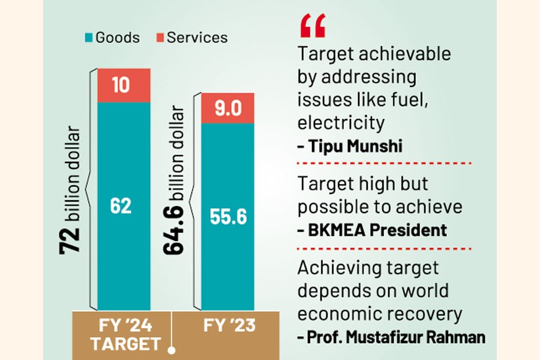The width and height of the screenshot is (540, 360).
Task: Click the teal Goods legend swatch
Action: click(88, 38)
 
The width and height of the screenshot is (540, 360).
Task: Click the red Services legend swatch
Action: click(159, 38)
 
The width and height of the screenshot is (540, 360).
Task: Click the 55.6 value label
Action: click(229, 217)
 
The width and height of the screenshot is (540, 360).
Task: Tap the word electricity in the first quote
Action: click(341, 122)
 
